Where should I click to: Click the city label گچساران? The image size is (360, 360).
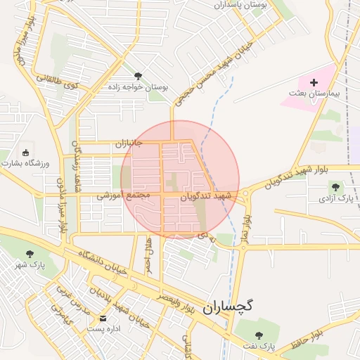[x=228, y=307]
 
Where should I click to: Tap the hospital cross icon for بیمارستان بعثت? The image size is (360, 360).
[x=314, y=82]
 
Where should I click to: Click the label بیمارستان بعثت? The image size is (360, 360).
[x=314, y=94]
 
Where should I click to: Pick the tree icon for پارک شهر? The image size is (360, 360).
[x=30, y=254]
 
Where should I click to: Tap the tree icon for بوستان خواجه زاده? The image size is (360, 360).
[x=138, y=76]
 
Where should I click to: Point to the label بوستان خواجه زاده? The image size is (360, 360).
[x=138, y=87]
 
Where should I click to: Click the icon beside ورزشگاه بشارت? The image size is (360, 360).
[x=26, y=152]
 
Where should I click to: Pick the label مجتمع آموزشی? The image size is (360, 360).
[x=120, y=195]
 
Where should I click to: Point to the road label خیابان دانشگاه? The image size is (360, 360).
[x=98, y=262]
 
